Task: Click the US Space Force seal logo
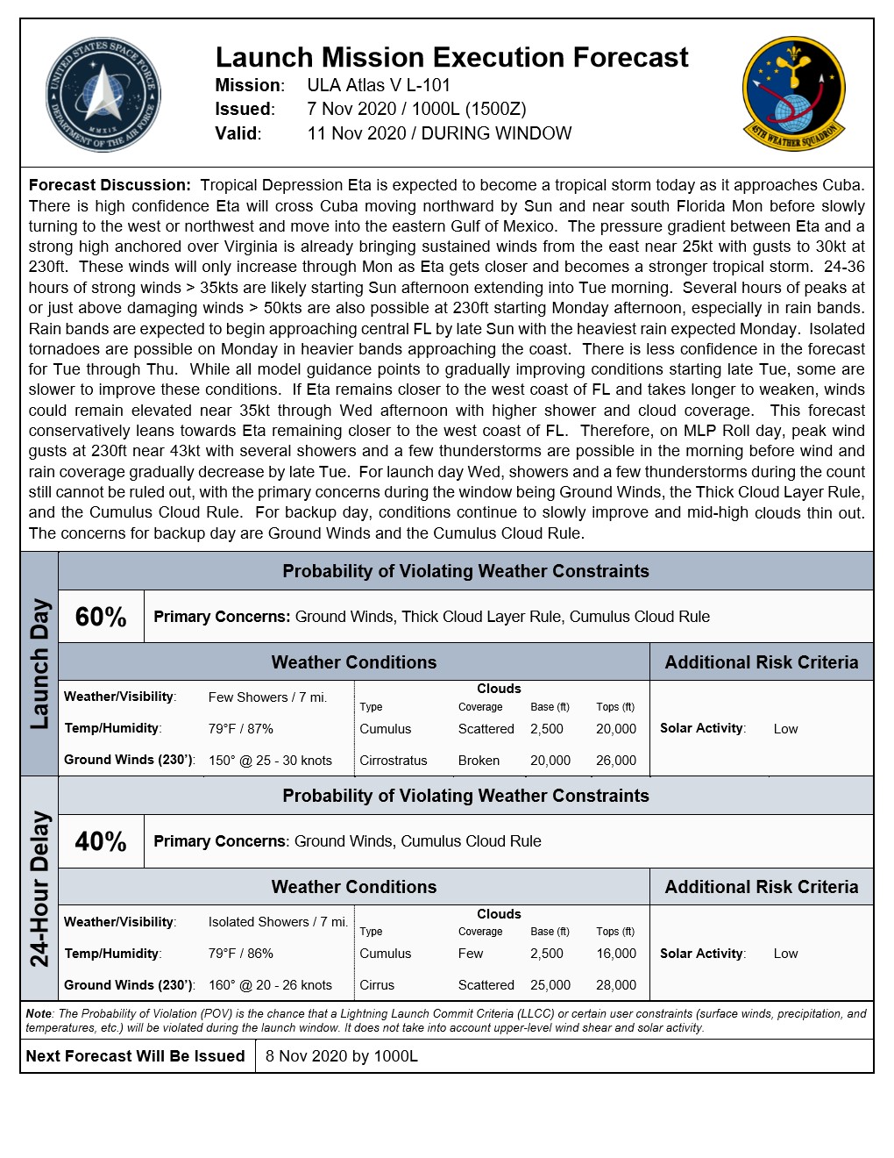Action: coord(103,95)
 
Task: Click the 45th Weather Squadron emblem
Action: coord(794,93)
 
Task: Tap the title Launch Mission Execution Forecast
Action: coord(451,58)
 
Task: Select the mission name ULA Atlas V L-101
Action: coord(379,86)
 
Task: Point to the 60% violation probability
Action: coord(101,617)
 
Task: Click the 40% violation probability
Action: coord(101,841)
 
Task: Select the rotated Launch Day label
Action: coord(39,664)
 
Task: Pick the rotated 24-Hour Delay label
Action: coord(39,889)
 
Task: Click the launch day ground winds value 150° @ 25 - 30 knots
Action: coord(270,761)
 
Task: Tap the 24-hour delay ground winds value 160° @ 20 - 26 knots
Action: coord(270,985)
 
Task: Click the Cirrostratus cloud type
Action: coord(393,761)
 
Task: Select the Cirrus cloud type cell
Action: coord(377,985)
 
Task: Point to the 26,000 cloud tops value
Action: coord(616,761)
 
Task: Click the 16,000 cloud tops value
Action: coord(616,954)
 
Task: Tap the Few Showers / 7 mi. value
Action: coord(267,697)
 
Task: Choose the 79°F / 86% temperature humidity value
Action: coord(241,954)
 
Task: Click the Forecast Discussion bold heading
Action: coord(110,185)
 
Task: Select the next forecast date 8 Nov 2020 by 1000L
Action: coord(342,1056)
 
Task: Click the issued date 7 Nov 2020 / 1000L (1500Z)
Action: coord(416,110)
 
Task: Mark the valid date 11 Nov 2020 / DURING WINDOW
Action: coord(439,133)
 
